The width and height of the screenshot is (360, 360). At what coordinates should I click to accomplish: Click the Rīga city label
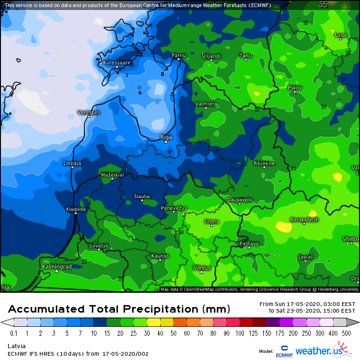point(166,137)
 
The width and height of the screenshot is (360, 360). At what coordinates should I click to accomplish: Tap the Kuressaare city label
point(117,63)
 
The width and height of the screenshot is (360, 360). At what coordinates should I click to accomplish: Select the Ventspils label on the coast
point(89,112)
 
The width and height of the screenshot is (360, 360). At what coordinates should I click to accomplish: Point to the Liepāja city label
point(72,163)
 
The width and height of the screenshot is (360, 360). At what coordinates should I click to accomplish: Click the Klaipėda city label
point(76,209)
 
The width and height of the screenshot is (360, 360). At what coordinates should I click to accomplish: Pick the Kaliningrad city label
point(57,267)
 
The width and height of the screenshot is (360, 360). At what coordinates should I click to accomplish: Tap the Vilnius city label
point(202,268)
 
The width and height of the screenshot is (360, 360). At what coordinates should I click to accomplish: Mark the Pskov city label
point(295,88)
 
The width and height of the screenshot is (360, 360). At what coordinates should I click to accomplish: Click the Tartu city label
point(246,56)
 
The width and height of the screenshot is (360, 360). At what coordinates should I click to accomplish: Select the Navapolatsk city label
point(304,220)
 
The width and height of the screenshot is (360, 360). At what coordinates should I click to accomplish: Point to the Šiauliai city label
point(142,196)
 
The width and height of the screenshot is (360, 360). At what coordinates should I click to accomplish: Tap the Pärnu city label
point(179,55)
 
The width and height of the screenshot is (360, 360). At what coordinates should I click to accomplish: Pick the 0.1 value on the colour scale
point(14,333)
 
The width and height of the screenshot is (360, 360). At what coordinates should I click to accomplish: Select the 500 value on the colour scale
point(346,333)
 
